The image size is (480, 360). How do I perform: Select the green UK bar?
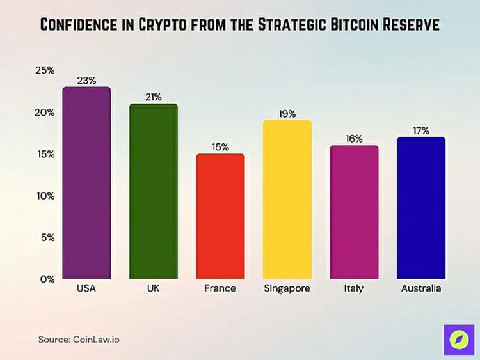click(154, 192)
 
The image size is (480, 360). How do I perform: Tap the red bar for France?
click(220, 217)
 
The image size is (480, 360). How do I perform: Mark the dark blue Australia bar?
click(420, 208)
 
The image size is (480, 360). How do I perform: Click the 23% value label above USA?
click(86, 81)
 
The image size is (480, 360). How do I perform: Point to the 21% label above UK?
click(154, 97)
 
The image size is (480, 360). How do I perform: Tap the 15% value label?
click(220, 147)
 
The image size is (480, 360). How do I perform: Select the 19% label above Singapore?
click(287, 114)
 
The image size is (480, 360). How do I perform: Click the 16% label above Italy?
click(354, 139)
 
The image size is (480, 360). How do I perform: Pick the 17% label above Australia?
click(420, 130)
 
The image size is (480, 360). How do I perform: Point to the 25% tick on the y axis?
click(44, 70)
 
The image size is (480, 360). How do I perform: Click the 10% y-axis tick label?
click(44, 196)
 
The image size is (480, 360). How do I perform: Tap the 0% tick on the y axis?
click(47, 279)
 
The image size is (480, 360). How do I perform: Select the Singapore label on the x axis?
click(287, 288)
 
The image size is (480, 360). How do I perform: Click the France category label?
click(220, 288)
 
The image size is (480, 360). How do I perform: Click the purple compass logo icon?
click(458, 339)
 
